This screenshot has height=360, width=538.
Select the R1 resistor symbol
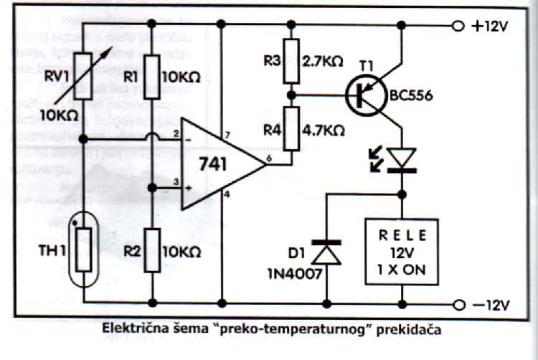coord(153,76)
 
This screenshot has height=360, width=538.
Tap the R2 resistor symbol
coord(153,249)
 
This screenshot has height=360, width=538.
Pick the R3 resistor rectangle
coord(291,62)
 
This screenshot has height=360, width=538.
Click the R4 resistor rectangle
coord(291,129)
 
